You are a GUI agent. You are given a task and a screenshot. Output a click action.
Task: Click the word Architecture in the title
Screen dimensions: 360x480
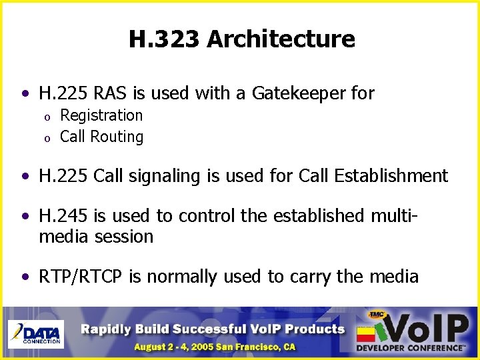[x=281, y=39]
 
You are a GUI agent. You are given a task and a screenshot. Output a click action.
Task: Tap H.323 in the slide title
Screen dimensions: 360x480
[x=165, y=39]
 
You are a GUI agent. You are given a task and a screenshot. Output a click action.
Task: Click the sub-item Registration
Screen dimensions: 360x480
[x=101, y=115]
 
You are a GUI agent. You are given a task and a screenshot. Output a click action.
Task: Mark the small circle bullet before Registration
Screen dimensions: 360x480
[x=47, y=117]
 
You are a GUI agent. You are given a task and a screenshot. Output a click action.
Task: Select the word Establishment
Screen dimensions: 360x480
[x=391, y=176]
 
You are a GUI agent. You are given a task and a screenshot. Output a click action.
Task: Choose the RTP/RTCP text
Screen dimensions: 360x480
[x=82, y=277]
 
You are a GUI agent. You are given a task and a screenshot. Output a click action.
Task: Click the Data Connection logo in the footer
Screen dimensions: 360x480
[x=35, y=333]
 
